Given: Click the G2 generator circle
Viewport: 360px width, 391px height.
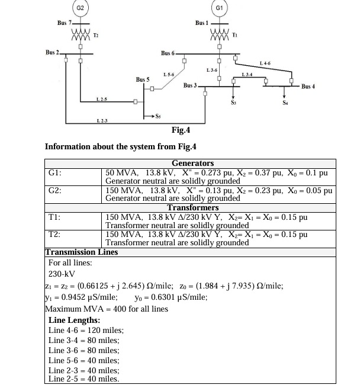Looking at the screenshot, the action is pos(81,8).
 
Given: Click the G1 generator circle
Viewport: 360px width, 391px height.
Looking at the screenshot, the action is pos(219,8).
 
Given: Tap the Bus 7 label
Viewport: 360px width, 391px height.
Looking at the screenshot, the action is pos(64,23).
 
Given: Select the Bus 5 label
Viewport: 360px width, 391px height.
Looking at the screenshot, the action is pos(143,79).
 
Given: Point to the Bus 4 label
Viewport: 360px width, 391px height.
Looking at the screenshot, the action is pos(308,86).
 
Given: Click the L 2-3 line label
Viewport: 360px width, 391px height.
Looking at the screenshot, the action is pos(102,121).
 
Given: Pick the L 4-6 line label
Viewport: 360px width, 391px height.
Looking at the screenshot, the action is pos(265,63).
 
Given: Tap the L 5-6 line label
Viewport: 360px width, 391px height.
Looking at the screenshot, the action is pos(169,75).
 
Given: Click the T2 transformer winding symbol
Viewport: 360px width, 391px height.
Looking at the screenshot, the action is pos(81,35).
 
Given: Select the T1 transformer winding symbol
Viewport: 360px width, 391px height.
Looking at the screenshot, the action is pos(220,35).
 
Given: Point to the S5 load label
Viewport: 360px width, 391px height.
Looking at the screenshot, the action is pos(158,116).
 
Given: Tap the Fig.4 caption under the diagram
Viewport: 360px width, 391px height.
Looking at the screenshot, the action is pos(181,130).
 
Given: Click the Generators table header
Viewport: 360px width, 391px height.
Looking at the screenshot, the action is pos(192,163).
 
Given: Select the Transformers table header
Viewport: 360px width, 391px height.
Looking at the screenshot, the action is pos(192,207).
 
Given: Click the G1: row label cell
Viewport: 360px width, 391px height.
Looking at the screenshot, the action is pos(73,177).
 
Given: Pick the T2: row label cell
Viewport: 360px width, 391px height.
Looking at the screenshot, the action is pos(73,239).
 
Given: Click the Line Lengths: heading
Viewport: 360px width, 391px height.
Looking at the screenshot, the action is pos(74,320).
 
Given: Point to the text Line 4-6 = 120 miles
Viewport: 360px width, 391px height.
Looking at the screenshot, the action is pos(85,331).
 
